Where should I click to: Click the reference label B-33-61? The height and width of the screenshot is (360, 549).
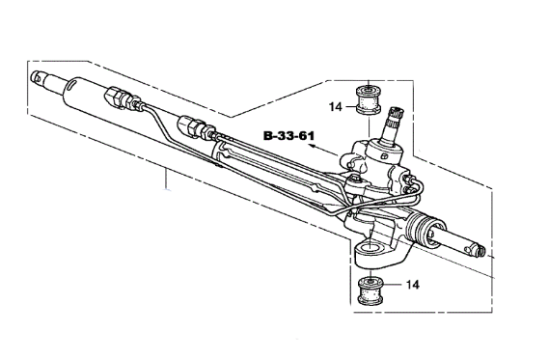pyautogui.click(x=288, y=136)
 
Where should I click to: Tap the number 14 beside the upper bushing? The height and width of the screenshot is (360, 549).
pyautogui.click(x=336, y=107)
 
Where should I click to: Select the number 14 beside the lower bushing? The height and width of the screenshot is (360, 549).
pyautogui.click(x=413, y=285)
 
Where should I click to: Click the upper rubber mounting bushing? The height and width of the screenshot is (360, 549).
pyautogui.click(x=369, y=99)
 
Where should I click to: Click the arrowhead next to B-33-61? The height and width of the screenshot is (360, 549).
pyautogui.click(x=312, y=146)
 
